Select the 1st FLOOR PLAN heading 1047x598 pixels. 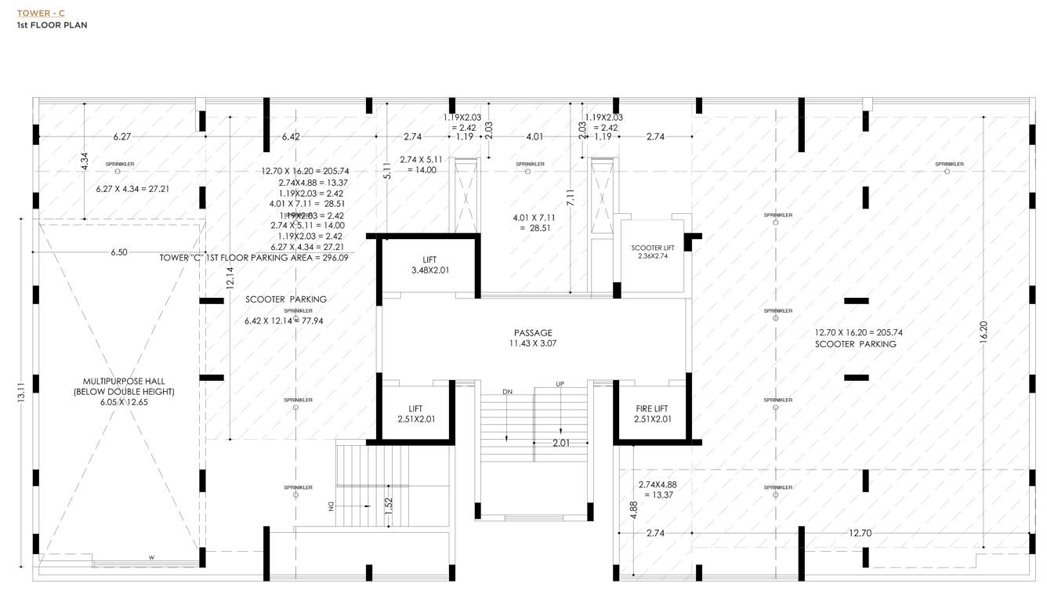52,25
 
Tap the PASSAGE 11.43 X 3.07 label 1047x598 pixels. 533,338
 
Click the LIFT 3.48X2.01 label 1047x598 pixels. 429,265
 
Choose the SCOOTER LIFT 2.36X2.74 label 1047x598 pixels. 652,252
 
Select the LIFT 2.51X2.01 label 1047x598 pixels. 415,414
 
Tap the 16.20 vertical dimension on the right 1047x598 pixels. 984,331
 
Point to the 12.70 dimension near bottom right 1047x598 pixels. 860,533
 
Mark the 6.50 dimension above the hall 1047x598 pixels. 118,252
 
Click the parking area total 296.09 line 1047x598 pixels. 254,257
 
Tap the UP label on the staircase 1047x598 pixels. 560,384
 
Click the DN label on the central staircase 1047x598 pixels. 507,391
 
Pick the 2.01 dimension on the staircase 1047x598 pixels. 560,444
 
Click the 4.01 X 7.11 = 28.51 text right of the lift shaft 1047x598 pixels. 534,223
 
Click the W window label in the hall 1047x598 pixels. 151,557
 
